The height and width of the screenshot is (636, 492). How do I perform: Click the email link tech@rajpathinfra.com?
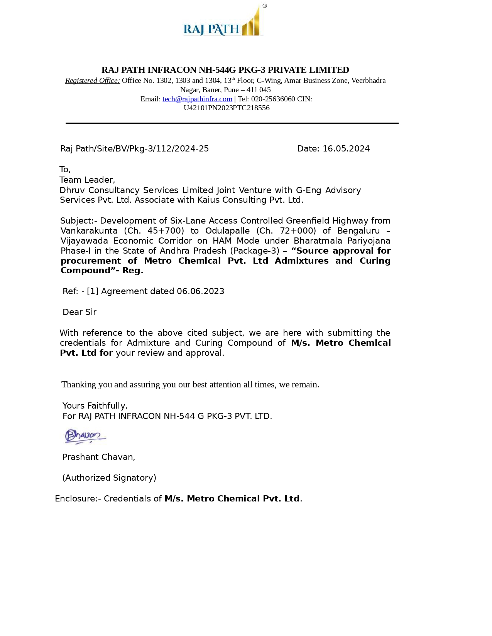point(197,99)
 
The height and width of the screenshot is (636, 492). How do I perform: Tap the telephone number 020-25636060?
point(273,99)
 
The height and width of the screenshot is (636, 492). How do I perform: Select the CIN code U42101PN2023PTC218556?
point(227,108)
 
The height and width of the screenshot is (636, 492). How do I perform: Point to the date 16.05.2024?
point(346,149)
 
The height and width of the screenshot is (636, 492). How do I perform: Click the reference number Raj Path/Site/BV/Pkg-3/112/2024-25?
point(134,149)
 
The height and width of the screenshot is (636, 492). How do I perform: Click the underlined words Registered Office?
point(93,81)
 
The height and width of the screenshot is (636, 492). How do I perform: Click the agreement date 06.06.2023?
point(200,291)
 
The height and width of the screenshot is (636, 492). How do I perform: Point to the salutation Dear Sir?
point(79,312)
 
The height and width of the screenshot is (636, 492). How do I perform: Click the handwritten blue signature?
point(85,436)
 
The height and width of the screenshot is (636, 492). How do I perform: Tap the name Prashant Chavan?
point(98,457)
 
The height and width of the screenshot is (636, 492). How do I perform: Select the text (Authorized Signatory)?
point(109,478)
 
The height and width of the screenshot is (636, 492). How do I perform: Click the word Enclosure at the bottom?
point(76,499)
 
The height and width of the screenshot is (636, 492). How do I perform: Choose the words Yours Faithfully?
point(95,406)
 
